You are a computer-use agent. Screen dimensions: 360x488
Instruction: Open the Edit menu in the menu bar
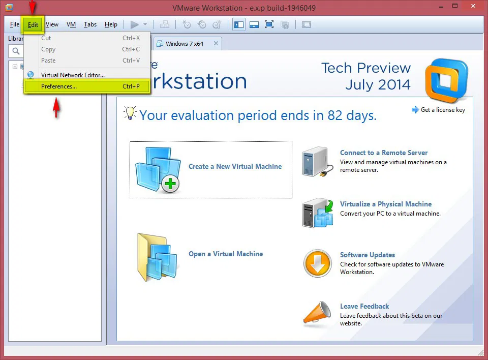coord(33,24)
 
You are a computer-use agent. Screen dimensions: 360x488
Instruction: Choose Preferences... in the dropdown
coord(59,86)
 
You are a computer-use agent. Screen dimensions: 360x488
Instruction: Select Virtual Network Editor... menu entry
coord(73,75)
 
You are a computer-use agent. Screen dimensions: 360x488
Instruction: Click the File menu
coord(15,24)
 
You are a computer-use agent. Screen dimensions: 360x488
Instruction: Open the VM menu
coord(71,24)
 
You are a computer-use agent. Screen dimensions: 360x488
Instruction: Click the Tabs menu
coord(90,24)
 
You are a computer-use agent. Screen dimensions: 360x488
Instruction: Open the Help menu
coord(111,24)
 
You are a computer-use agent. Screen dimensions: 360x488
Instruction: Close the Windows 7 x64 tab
coord(216,44)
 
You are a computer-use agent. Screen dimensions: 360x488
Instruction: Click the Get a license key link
coord(443,110)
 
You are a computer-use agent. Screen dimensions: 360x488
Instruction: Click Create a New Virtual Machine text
coord(235,166)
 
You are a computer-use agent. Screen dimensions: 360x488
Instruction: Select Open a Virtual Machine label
coord(226,254)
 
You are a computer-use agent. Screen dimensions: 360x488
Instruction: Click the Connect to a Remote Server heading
coord(384,153)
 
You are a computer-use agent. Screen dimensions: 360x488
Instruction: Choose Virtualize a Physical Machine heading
coord(386,204)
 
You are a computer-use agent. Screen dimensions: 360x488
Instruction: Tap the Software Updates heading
coord(368,255)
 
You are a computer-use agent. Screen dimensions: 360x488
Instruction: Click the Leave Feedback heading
coord(364,306)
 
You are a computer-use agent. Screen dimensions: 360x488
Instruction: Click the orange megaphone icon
coord(317,313)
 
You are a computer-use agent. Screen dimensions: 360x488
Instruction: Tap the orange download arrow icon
coord(317,263)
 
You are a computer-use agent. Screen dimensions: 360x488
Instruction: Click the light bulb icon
coord(131,113)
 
